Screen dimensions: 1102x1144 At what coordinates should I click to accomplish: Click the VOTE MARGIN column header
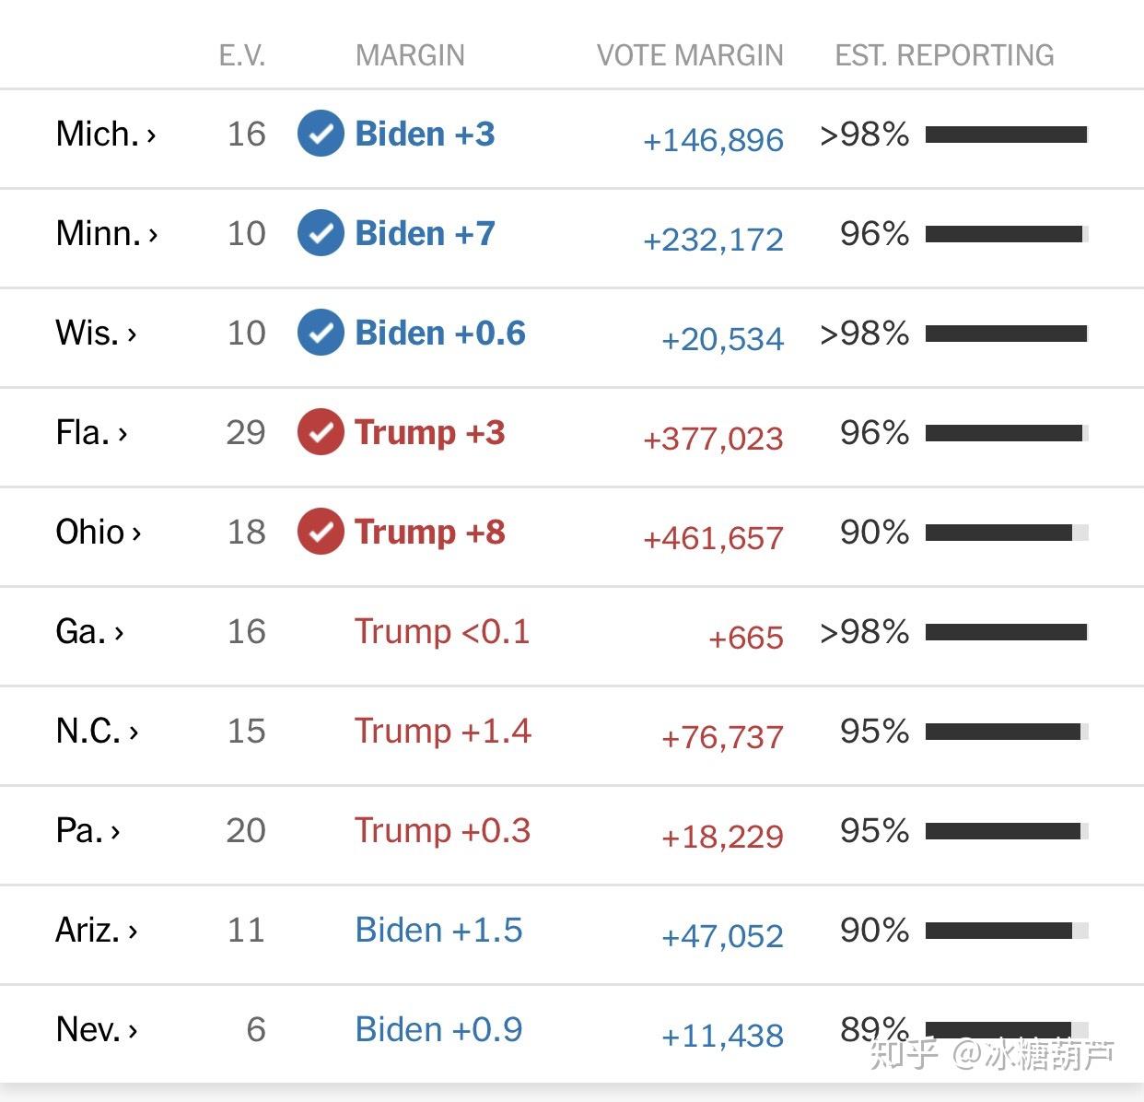[x=690, y=55]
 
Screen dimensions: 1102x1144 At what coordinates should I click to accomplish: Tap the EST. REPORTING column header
[x=944, y=55]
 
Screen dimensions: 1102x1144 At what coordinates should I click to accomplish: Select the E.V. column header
[x=242, y=55]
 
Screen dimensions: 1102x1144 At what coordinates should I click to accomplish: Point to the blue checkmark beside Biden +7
[x=321, y=233]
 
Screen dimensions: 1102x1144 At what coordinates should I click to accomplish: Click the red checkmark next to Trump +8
[x=321, y=532]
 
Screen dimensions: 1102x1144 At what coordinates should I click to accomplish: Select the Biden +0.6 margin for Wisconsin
[x=440, y=333]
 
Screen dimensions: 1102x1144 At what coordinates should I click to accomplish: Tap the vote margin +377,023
[x=713, y=439]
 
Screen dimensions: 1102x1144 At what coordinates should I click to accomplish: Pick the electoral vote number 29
[x=245, y=432]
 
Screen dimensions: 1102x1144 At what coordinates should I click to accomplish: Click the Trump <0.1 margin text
[x=442, y=631]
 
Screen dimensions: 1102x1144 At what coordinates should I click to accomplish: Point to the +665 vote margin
[x=746, y=638]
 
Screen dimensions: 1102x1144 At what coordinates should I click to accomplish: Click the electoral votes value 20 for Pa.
[x=245, y=830]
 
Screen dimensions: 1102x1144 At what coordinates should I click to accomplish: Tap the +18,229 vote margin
[x=722, y=837]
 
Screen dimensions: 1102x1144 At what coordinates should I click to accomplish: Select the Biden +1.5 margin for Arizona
[x=438, y=930]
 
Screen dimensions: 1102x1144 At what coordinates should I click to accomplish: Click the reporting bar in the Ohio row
[x=1007, y=533]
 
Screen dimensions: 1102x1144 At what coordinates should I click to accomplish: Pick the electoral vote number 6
[x=256, y=1029]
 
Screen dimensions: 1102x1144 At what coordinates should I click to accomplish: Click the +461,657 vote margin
[x=713, y=538]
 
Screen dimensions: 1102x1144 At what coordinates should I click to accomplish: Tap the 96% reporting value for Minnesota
[x=874, y=233]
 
